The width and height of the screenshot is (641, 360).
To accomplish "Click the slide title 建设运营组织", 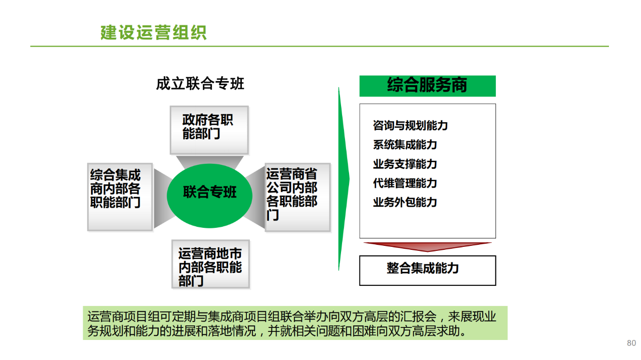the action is [x=153, y=33].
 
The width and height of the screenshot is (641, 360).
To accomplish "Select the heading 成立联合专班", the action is [x=200, y=84].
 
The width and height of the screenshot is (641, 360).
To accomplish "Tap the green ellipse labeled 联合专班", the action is [x=209, y=196].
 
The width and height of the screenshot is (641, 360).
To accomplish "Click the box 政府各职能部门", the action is [x=209, y=130].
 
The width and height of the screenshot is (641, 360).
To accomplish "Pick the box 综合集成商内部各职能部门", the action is [x=120, y=197].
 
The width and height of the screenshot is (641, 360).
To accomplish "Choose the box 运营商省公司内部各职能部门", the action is [x=298, y=197].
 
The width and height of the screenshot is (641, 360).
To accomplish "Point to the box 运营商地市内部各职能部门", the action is [x=211, y=264].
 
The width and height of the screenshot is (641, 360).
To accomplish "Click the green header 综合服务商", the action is [x=428, y=86].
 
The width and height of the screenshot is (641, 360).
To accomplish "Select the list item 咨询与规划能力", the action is [x=410, y=125].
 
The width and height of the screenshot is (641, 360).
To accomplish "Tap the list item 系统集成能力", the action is [x=405, y=145].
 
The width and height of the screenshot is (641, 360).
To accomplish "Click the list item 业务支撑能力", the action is [x=405, y=164].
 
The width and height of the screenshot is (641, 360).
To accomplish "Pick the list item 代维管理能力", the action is [x=405, y=183].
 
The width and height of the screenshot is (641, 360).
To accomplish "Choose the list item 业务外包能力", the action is [x=405, y=202].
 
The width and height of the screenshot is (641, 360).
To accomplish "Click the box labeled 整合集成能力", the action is [x=428, y=270].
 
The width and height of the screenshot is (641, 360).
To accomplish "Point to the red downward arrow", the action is [x=428, y=247].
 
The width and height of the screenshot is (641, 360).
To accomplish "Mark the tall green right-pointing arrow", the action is [x=344, y=179].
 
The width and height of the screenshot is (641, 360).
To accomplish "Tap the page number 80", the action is [x=631, y=343].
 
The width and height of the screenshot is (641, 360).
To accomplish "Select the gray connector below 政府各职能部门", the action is [x=210, y=162].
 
